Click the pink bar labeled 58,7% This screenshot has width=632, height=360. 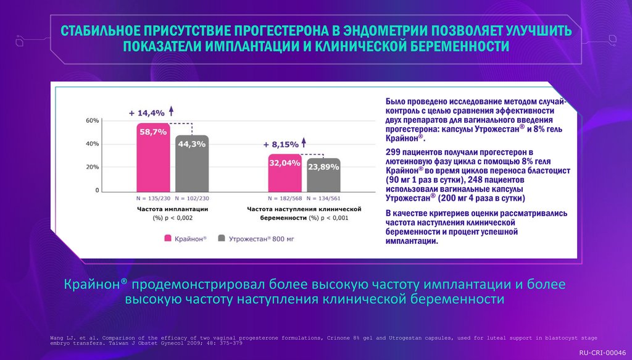pos(153,158)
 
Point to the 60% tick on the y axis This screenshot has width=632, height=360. pos(92,120)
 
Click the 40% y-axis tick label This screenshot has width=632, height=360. pos(92,144)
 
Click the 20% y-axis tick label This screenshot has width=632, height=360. pos(92,167)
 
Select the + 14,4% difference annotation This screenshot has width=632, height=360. pos(147,113)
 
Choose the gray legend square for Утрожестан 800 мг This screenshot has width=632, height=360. pos(221,238)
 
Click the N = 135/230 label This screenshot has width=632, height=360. pos(153,198)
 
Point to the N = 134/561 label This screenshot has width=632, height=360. pos(323,198)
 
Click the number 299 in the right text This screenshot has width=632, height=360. pos(394,151)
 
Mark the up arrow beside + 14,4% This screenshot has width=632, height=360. pos(172,111)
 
